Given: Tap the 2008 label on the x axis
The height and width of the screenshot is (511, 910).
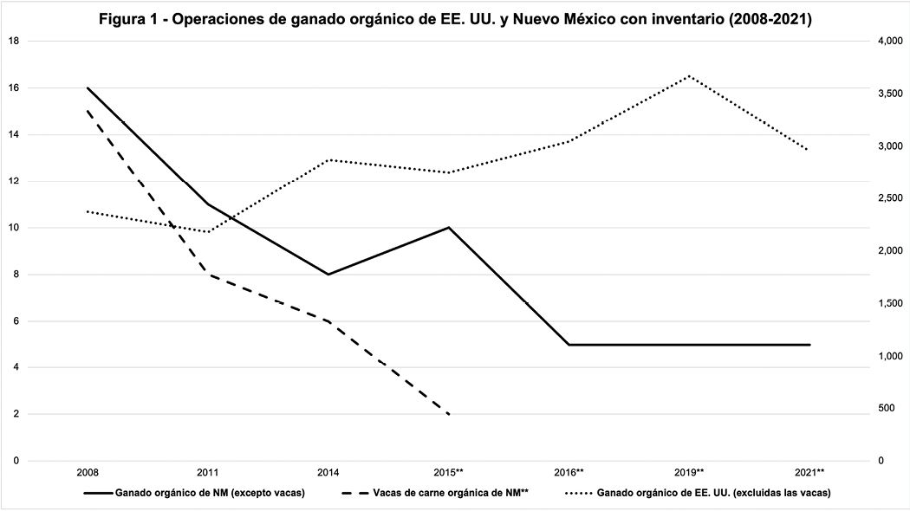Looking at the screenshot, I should (87, 472).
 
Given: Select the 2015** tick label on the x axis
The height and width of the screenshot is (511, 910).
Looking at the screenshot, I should (449, 472).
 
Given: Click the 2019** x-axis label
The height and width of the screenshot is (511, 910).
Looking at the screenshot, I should (690, 472).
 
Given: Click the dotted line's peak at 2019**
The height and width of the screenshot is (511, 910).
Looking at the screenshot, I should (690, 75).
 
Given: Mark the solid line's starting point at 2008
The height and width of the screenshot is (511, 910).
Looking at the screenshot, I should (88, 87).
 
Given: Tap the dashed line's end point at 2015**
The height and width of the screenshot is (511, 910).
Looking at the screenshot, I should (449, 414).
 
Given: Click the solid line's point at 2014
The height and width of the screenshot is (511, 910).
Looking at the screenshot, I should (328, 275).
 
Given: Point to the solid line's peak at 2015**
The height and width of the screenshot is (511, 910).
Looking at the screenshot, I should (449, 228).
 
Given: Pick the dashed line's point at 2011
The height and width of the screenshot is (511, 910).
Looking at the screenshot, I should (208, 275).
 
